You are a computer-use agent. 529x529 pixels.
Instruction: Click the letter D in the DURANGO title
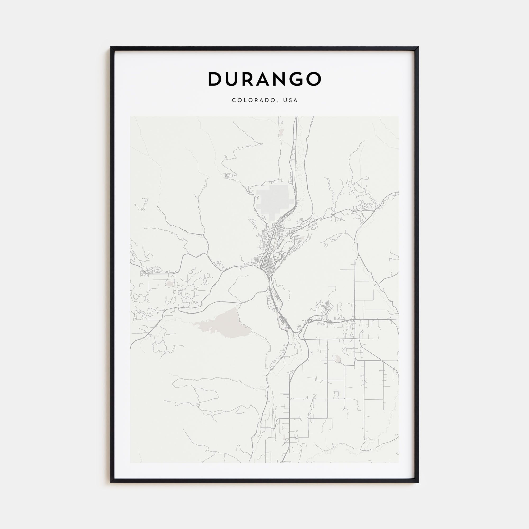pos(215,79)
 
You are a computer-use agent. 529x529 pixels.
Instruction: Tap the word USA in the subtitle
pos(290,100)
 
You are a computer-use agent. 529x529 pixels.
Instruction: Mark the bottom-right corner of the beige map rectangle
pos(398,463)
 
